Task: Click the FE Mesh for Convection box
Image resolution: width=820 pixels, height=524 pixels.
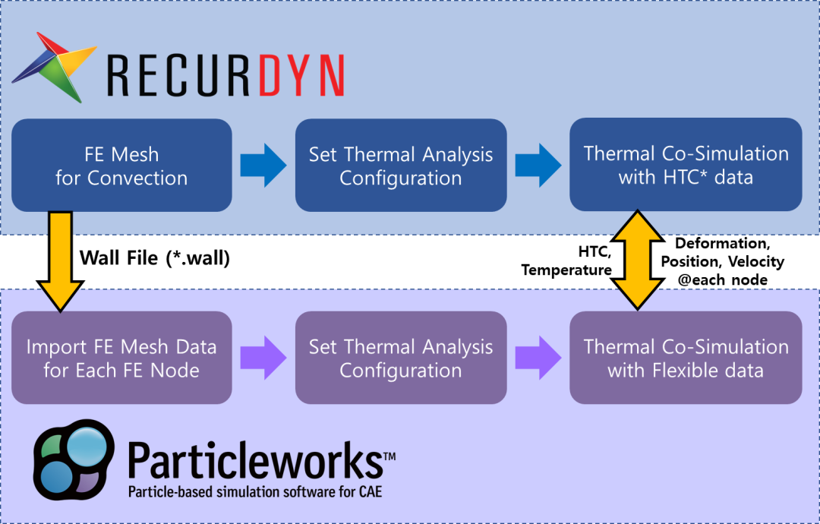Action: (x=121, y=166)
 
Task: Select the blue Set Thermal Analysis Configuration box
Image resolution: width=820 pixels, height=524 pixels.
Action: (x=401, y=166)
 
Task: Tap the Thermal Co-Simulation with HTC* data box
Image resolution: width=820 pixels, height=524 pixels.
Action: (x=686, y=165)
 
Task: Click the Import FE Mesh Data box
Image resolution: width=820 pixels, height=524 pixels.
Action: (x=121, y=358)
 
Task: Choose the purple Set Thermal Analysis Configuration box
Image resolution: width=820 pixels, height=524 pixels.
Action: (x=401, y=358)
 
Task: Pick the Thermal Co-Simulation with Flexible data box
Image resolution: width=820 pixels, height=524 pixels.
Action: (x=686, y=358)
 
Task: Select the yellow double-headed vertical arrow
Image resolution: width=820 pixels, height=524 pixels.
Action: (x=636, y=260)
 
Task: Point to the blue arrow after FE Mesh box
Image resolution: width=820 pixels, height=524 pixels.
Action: (x=263, y=166)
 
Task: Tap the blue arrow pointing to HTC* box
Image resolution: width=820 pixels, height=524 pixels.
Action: (x=538, y=166)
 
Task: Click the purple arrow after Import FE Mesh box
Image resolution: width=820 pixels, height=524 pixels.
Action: (x=263, y=358)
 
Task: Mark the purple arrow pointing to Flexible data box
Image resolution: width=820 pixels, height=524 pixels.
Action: (x=538, y=358)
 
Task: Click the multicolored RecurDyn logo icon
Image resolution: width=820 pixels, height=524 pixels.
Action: (x=55, y=65)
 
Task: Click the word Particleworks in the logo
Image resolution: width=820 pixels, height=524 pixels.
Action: (x=255, y=459)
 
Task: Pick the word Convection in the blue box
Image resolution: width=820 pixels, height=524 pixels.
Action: (x=137, y=178)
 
